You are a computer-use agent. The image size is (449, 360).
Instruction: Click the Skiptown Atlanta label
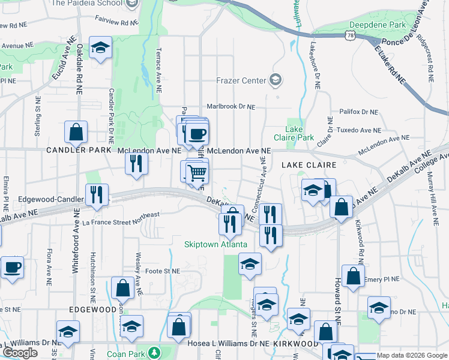pos(215,245)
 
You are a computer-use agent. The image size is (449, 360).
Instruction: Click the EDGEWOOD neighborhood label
pos(92,309)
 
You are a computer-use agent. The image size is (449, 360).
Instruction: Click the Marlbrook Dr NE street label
pos(231,107)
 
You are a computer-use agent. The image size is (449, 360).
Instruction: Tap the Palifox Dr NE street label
pos(358,112)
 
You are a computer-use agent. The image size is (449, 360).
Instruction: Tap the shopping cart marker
pos(197,173)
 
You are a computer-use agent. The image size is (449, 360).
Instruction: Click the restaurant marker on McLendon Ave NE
pos(137,163)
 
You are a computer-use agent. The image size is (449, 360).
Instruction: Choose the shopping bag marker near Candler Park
pos(76,133)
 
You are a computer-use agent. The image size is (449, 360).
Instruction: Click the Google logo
pos(20,353)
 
